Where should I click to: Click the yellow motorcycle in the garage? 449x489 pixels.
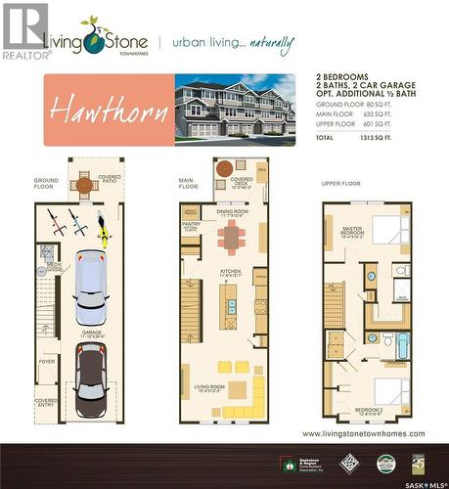coord(103,229)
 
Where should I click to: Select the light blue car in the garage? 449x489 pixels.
coord(89,290)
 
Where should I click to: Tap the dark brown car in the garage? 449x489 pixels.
coord(91,376)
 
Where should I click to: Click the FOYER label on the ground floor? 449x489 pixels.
coord(48,360)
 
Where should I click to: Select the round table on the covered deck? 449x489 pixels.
coord(224,167)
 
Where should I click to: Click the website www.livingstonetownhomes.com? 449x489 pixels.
coord(363,432)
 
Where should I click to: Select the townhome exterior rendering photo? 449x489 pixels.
coord(233,109)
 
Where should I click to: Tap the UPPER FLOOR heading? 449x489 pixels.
coord(342,183)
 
